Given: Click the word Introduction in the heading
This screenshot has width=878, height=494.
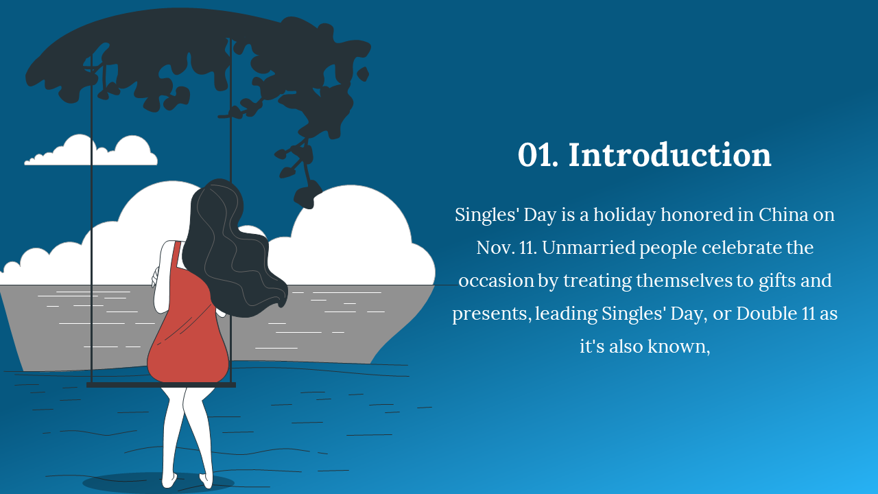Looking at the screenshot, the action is (670, 155).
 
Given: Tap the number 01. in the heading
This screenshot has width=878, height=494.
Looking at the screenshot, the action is (538, 155).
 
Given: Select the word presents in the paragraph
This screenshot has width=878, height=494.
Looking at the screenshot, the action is (492, 314).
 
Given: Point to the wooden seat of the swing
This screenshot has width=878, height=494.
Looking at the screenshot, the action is (161, 385).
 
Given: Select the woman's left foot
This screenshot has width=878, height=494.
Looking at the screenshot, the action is (169, 480).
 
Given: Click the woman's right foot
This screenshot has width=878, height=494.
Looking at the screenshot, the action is (206, 481).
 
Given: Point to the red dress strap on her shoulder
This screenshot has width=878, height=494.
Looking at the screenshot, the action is (177, 255).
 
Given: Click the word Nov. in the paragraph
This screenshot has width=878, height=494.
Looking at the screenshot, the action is (493, 248).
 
